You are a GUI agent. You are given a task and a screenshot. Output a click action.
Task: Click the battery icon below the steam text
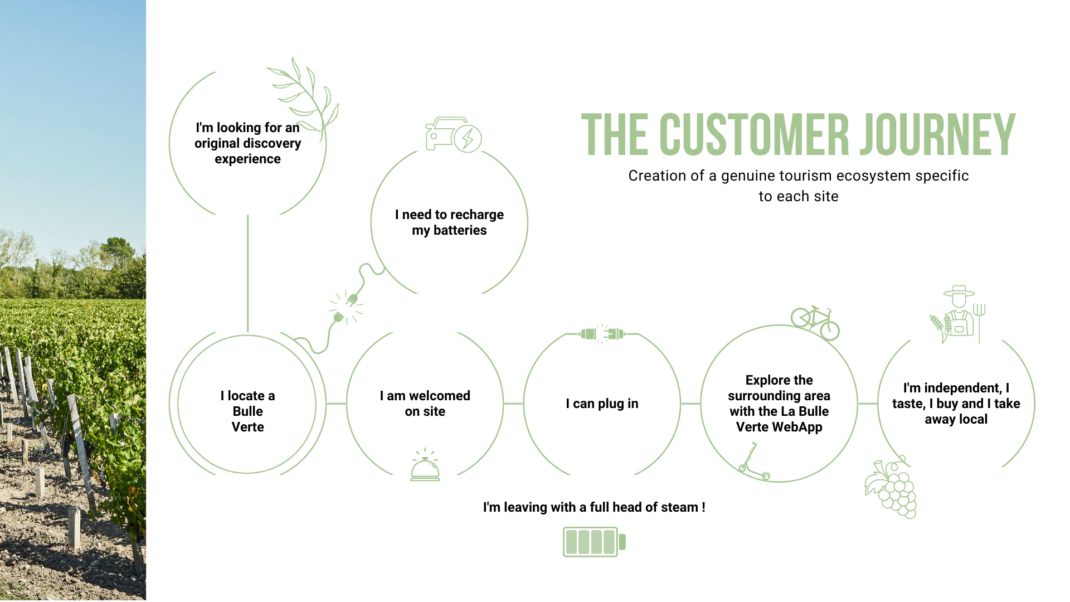click(x=594, y=542)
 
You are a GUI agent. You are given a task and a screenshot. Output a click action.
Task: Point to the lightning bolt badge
click(x=468, y=138)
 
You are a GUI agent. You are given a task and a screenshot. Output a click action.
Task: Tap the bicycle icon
click(x=815, y=322)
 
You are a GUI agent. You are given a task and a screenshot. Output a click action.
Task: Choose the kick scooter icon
click(x=753, y=462)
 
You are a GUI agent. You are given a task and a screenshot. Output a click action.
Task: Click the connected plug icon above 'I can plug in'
click(x=602, y=334)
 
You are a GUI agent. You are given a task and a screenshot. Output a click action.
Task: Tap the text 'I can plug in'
click(x=602, y=404)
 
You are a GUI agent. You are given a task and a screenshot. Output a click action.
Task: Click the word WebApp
click(x=796, y=427)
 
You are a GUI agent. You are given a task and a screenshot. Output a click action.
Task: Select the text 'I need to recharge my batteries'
click(x=449, y=222)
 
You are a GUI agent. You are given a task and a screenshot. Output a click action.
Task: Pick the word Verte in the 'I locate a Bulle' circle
click(x=247, y=427)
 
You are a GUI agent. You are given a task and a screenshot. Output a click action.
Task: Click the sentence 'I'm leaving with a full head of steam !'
click(x=594, y=507)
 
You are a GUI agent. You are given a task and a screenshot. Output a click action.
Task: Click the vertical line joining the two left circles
click(x=247, y=273)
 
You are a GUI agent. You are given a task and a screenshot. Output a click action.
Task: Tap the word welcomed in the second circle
click(x=439, y=396)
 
